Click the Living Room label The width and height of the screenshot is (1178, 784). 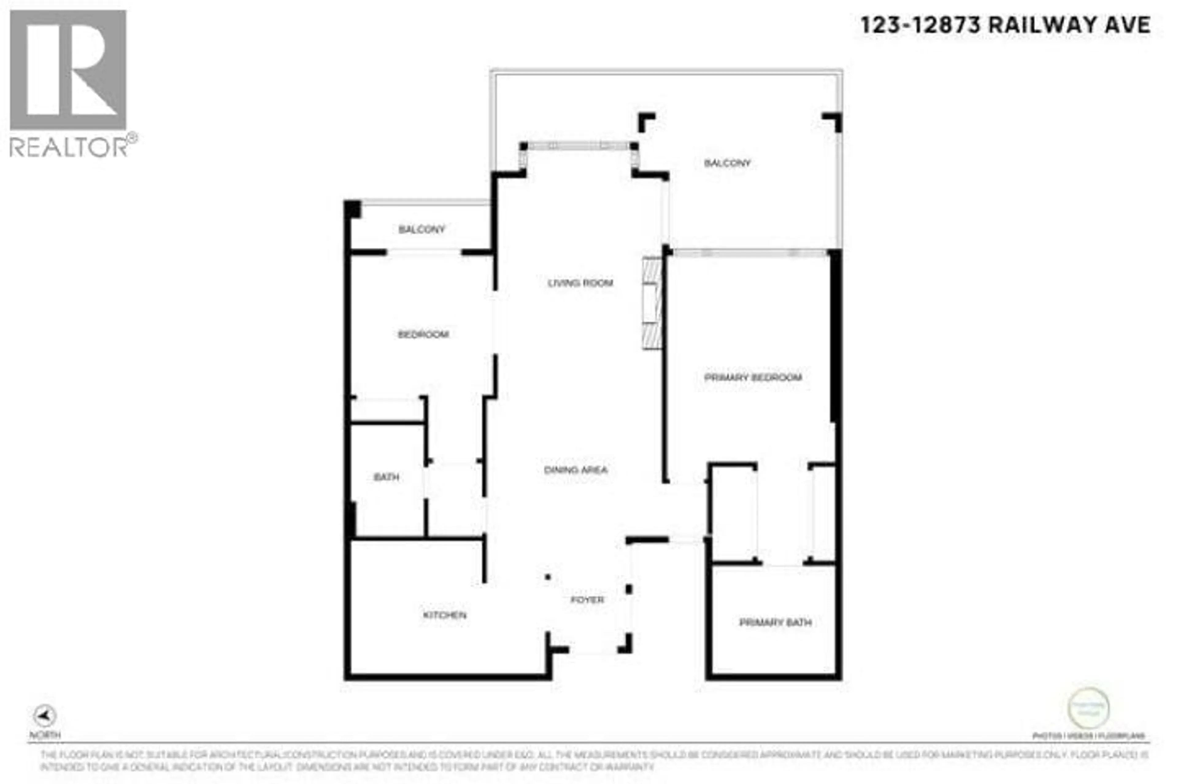pyautogui.click(x=580, y=283)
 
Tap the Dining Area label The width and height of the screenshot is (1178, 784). pyautogui.click(x=576, y=470)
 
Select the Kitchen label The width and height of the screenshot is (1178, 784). pyautogui.click(x=445, y=615)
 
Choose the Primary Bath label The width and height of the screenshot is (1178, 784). pyautogui.click(x=775, y=622)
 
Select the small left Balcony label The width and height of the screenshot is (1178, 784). pyautogui.click(x=422, y=229)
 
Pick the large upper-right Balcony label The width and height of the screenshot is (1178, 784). pyautogui.click(x=727, y=163)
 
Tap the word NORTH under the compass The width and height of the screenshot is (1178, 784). pyautogui.click(x=45, y=735)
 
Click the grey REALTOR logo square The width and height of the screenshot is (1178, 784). pyautogui.click(x=68, y=70)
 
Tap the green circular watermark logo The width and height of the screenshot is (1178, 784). pyautogui.click(x=1088, y=708)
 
